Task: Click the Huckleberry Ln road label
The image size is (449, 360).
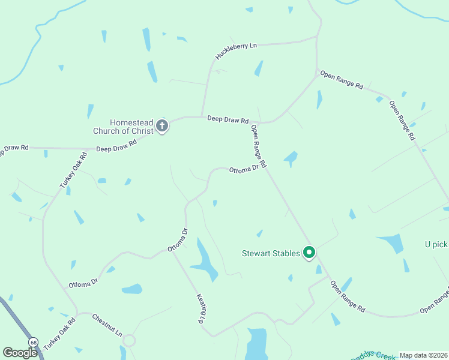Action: pyautogui.click(x=237, y=52)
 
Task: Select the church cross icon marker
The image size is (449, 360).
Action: pyautogui.click(x=161, y=126)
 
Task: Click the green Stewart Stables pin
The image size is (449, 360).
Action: pyautogui.click(x=309, y=253)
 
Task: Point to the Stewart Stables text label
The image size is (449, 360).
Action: pyautogui.click(x=271, y=253)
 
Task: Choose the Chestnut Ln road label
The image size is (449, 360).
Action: pyautogui.click(x=107, y=324)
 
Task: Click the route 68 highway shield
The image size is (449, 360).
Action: pyautogui.click(x=33, y=341)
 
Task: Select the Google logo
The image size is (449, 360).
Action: pyautogui.click(x=19, y=352)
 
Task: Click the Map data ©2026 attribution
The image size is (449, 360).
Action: pyautogui.click(x=423, y=355)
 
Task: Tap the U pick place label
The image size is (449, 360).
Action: pyautogui.click(x=436, y=244)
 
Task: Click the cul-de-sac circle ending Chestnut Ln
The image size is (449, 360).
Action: pyautogui.click(x=128, y=341)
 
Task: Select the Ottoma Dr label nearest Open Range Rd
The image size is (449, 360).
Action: pyautogui.click(x=244, y=170)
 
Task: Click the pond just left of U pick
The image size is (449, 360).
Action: pyautogui.click(x=392, y=242)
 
